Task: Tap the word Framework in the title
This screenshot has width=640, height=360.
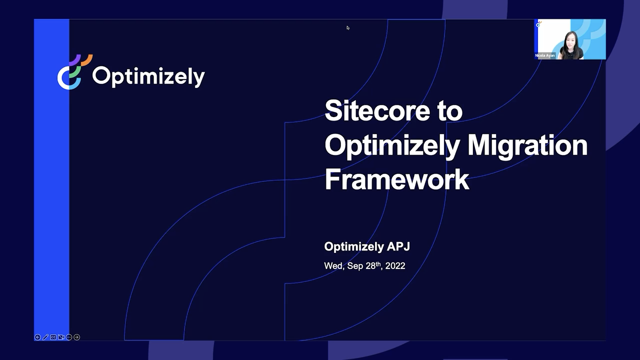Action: [396, 179]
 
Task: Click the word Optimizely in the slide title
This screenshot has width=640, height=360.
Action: [392, 145]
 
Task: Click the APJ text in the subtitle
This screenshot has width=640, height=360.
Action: [398, 246]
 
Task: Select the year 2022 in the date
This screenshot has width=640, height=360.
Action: [395, 266]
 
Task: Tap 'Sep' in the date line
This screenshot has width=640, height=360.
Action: [355, 266]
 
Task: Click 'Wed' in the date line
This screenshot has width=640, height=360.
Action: [333, 266]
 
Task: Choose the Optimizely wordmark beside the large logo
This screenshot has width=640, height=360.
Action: [148, 76]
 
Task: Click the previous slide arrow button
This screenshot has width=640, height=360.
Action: [37, 337]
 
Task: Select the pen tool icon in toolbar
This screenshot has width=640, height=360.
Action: [45, 337]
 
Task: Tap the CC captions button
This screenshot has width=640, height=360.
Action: [53, 337]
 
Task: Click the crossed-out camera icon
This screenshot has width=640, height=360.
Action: [61, 337]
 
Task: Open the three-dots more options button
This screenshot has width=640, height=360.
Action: [69, 337]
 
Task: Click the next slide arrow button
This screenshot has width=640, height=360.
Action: [76, 337]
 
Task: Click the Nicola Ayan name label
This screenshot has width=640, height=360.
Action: [545, 55]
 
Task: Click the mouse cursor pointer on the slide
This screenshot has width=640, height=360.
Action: [348, 28]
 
